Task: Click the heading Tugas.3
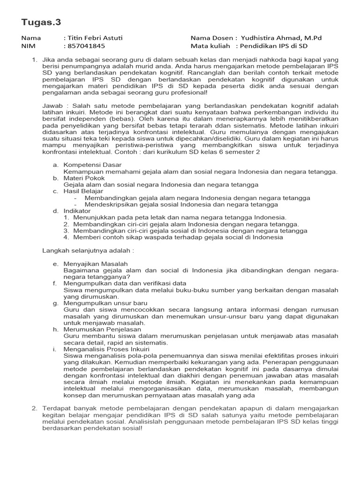click(41, 22)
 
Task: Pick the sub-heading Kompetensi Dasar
click(92, 165)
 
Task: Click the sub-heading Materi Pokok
click(84, 178)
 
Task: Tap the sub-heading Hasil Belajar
click(83, 191)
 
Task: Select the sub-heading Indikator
click(77, 211)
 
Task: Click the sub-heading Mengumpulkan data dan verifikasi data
click(125, 283)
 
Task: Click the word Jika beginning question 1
click(48, 60)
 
